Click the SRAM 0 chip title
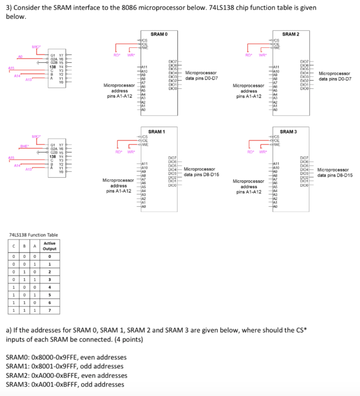click(x=159, y=34)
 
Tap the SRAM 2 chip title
click(x=290, y=34)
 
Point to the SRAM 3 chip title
click(x=288, y=131)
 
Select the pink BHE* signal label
click(x=25, y=146)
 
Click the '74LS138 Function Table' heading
click(x=33, y=235)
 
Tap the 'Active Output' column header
click(x=50, y=246)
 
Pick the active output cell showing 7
click(x=49, y=310)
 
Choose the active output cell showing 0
click(x=49, y=256)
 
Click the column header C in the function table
click(x=14, y=246)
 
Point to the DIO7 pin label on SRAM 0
click(x=172, y=61)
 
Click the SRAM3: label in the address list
click(x=19, y=384)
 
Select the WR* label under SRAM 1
click(x=131, y=152)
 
